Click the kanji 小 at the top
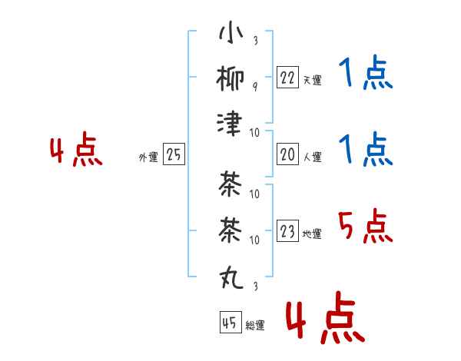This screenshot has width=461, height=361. click(231, 31)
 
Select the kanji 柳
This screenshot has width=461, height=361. click(230, 78)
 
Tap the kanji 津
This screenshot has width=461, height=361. click(230, 124)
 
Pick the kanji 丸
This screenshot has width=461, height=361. click(231, 277)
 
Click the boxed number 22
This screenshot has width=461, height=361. click(287, 77)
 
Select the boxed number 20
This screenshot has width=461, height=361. click(287, 154)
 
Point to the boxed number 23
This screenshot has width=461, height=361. click(287, 230)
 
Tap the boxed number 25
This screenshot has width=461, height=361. click(174, 154)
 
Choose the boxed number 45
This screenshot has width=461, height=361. click(230, 322)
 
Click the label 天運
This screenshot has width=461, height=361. click(313, 80)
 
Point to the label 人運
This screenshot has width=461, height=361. click(313, 157)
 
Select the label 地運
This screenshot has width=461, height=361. click(312, 233)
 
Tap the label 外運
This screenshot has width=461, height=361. click(148, 157)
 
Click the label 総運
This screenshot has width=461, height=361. click(255, 325)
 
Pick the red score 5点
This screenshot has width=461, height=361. click(366, 226)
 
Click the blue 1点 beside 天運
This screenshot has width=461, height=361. click(366, 72)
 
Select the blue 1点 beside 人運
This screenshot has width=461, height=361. click(366, 149)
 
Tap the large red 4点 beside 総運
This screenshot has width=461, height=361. click(325, 317)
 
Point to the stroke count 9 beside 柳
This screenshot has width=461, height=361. click(255, 87)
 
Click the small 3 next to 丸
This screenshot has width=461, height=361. click(256, 286)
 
